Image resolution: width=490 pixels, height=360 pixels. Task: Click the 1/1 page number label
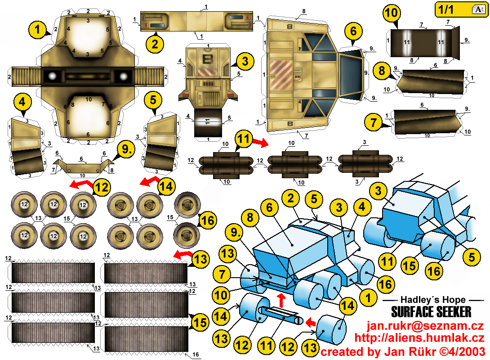coord(445,10)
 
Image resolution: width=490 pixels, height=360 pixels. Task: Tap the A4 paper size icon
coord(479,9)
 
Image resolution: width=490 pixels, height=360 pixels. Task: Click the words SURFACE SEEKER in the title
coord(431,312)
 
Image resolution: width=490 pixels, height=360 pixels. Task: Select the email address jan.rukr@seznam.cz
coord(425,326)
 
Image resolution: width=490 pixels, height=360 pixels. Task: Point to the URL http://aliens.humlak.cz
coord(419,338)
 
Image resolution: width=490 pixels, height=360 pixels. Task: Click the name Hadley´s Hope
coord(433,300)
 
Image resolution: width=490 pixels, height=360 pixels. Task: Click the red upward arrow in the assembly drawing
coord(282,301)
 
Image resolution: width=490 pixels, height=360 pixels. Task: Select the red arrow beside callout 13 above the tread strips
coord(183,255)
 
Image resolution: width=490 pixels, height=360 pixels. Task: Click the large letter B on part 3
coord(208,59)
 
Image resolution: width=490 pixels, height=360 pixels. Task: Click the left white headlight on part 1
coord(52,76)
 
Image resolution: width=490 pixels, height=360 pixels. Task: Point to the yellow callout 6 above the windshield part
coord(353,31)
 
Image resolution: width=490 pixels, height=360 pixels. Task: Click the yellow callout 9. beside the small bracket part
coord(126,149)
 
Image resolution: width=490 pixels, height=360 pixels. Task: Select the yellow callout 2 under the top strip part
coord(155,44)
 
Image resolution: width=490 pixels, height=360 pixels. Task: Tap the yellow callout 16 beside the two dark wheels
coord(208,220)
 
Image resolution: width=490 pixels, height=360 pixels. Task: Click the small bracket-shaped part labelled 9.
coord(83,166)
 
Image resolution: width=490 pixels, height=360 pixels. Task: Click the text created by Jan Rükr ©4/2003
coord(403,351)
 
